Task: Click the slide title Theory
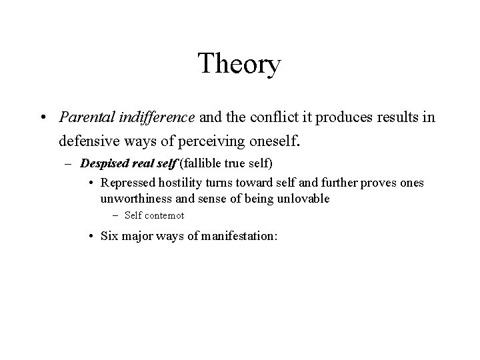(240, 65)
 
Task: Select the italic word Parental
(83, 117)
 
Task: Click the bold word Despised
(103, 164)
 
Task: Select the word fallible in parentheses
(201, 164)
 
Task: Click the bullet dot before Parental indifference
(42, 118)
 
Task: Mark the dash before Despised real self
(69, 164)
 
